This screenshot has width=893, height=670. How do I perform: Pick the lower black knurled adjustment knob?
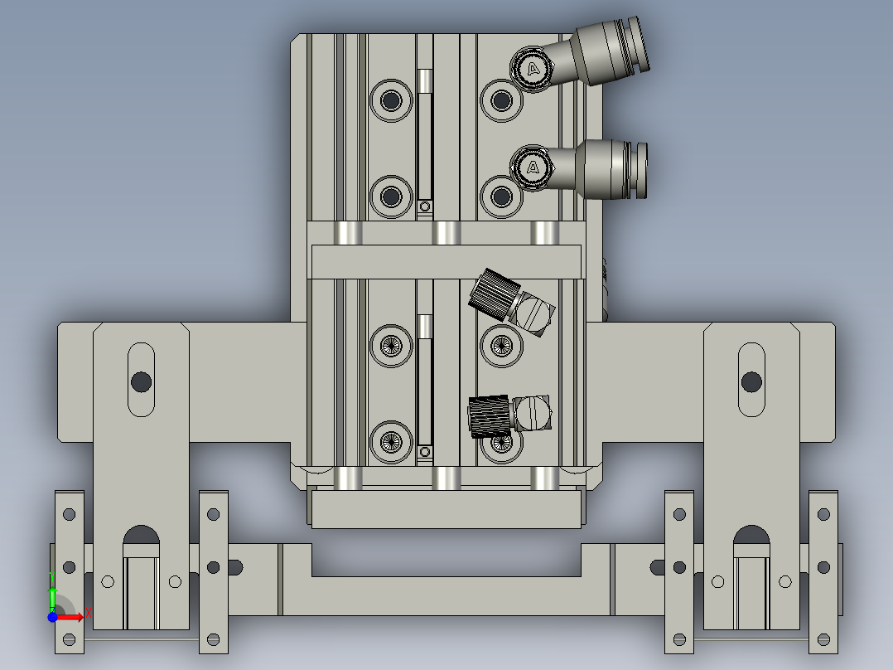tap(490, 416)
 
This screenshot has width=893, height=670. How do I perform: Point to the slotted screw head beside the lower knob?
tap(533, 412)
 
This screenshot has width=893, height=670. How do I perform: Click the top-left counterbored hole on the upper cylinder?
tap(391, 100)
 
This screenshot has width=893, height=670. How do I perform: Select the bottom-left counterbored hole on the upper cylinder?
tap(391, 197)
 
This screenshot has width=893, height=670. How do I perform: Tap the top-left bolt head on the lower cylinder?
tap(391, 342)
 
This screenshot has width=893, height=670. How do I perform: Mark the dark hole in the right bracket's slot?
tap(751, 381)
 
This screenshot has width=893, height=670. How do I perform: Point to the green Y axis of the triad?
tap(51, 595)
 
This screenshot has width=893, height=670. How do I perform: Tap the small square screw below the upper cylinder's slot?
tap(425, 206)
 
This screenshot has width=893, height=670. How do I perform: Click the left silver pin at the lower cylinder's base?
tap(348, 478)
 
